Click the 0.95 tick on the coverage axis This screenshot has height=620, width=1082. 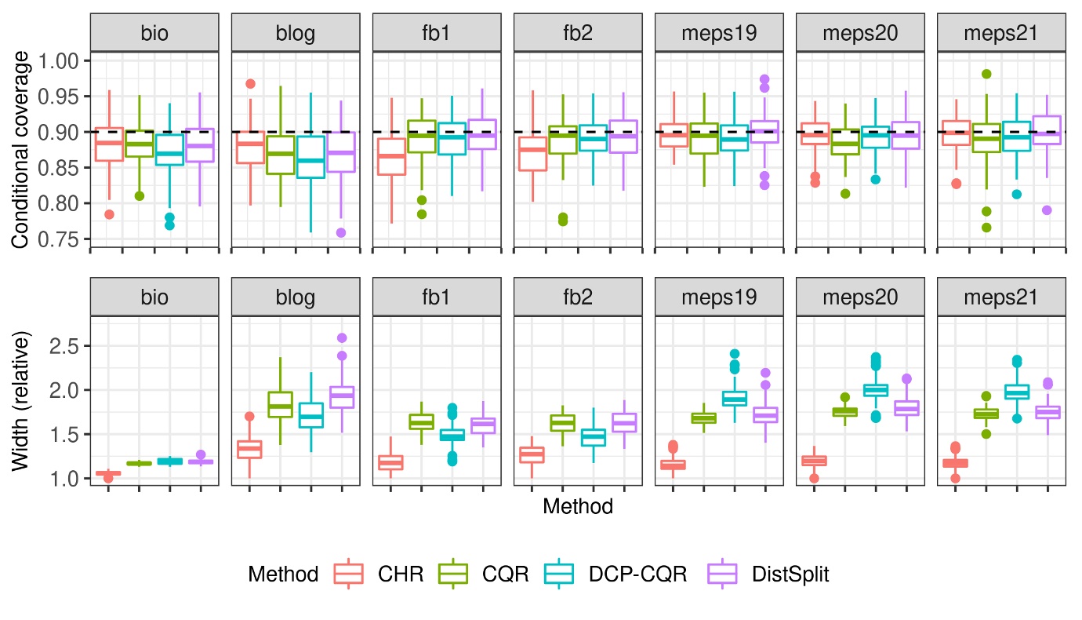click(x=65, y=97)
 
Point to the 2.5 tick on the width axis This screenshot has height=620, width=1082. click(x=65, y=346)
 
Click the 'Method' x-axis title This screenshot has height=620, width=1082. click(x=578, y=507)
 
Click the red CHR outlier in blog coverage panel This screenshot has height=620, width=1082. click(x=250, y=83)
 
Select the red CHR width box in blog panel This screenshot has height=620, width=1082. click(x=250, y=449)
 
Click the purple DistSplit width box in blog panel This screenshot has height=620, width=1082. click(x=343, y=397)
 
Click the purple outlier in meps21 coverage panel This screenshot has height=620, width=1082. click(x=1048, y=210)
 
